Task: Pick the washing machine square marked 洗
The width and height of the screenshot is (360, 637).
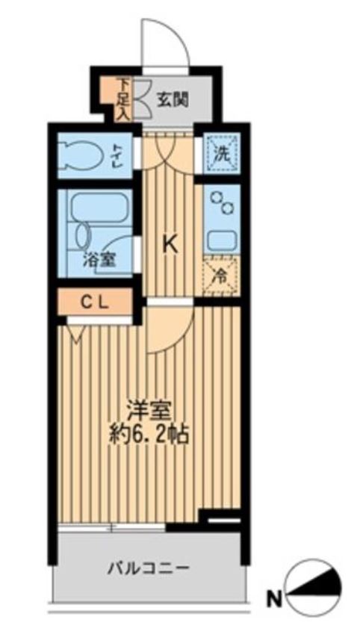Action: [x=221, y=154]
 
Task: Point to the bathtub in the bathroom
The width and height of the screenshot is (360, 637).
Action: [x=99, y=207]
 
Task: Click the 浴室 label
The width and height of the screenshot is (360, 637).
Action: [x=99, y=259]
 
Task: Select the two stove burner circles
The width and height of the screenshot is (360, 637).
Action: [x=221, y=202]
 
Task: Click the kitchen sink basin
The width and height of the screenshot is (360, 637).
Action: [x=222, y=240]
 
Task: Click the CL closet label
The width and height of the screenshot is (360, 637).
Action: [x=93, y=302]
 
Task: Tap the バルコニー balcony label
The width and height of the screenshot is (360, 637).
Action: [x=149, y=567]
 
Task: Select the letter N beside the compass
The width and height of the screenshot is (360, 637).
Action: [x=275, y=599]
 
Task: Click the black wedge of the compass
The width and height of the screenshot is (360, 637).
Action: [x=321, y=585]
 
